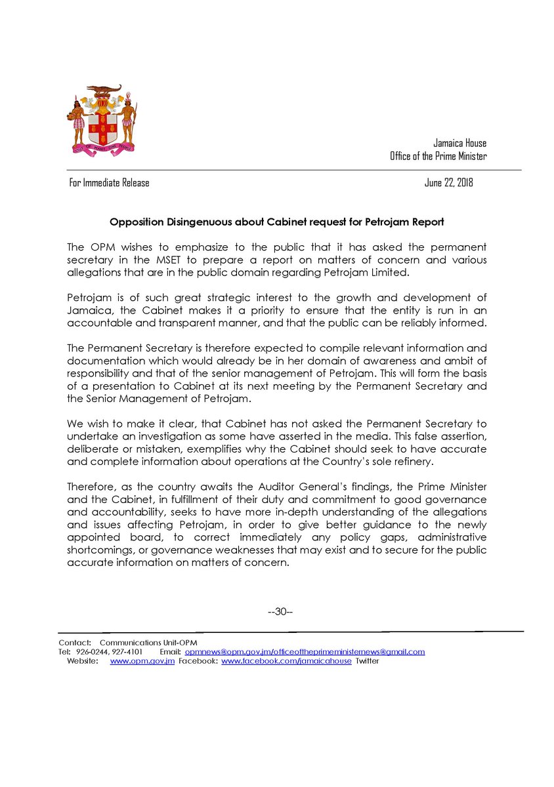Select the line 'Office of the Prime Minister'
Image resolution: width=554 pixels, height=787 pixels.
click(438, 157)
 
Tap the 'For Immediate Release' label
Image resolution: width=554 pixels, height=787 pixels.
click(109, 183)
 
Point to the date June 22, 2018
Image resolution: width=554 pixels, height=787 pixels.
click(448, 183)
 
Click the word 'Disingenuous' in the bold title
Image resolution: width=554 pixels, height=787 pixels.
click(202, 222)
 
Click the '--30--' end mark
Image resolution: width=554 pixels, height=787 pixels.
click(280, 612)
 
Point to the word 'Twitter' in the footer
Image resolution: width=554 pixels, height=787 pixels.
click(367, 661)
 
